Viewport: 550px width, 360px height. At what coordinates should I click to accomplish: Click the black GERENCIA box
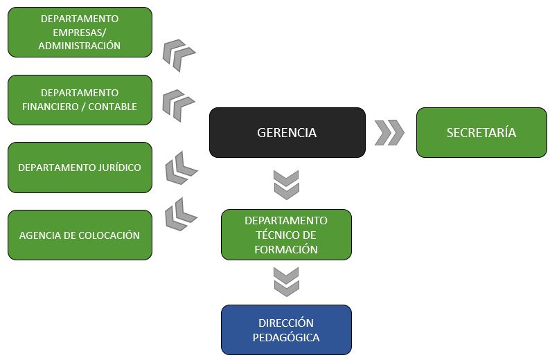coord(287,132)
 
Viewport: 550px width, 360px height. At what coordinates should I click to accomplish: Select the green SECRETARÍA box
coord(481,132)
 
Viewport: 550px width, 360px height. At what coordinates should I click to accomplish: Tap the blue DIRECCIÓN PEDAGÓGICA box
coord(286,330)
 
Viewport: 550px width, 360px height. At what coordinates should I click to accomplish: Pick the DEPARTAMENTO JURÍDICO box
coord(80,168)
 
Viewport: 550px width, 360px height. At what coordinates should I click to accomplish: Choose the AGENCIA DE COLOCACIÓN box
coord(80,235)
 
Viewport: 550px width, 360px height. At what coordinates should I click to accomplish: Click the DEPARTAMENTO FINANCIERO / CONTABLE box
coord(80,100)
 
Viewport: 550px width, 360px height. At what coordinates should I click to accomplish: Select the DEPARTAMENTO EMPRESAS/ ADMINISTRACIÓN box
coord(80,32)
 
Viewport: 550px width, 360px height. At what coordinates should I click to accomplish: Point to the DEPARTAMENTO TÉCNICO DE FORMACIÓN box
coord(286,235)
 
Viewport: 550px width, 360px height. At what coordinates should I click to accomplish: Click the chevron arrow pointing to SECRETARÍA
coord(389,132)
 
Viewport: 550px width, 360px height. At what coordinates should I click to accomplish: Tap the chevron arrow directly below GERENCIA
coord(286,184)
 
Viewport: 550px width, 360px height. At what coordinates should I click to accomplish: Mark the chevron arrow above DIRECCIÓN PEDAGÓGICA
coord(286,281)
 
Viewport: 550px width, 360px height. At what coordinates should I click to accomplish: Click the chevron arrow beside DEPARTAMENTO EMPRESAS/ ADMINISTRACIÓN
coord(179,55)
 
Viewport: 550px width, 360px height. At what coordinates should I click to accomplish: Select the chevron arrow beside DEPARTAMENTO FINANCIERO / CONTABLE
coord(179,105)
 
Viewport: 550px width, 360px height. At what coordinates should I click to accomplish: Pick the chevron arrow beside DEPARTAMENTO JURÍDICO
coord(181,168)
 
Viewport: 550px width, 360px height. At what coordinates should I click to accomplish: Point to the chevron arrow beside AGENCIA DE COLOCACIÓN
coord(181,214)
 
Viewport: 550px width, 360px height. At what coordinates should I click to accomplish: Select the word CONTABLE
coord(114,107)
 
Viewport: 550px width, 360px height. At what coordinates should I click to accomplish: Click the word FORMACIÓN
coord(286,249)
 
